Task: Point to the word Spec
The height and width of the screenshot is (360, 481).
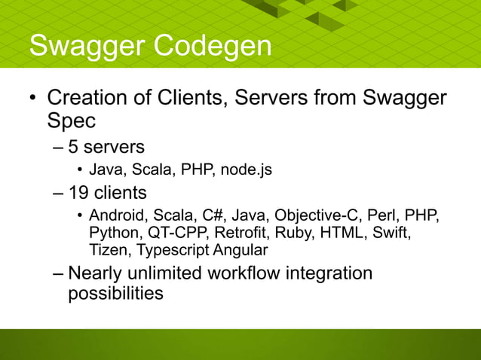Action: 72,121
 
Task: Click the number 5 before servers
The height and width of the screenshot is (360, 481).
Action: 73,145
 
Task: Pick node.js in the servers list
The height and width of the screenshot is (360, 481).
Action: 246,170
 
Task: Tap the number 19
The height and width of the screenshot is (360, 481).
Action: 79,193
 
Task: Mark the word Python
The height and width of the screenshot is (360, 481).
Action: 113,233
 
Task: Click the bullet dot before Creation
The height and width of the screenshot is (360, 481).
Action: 32,99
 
